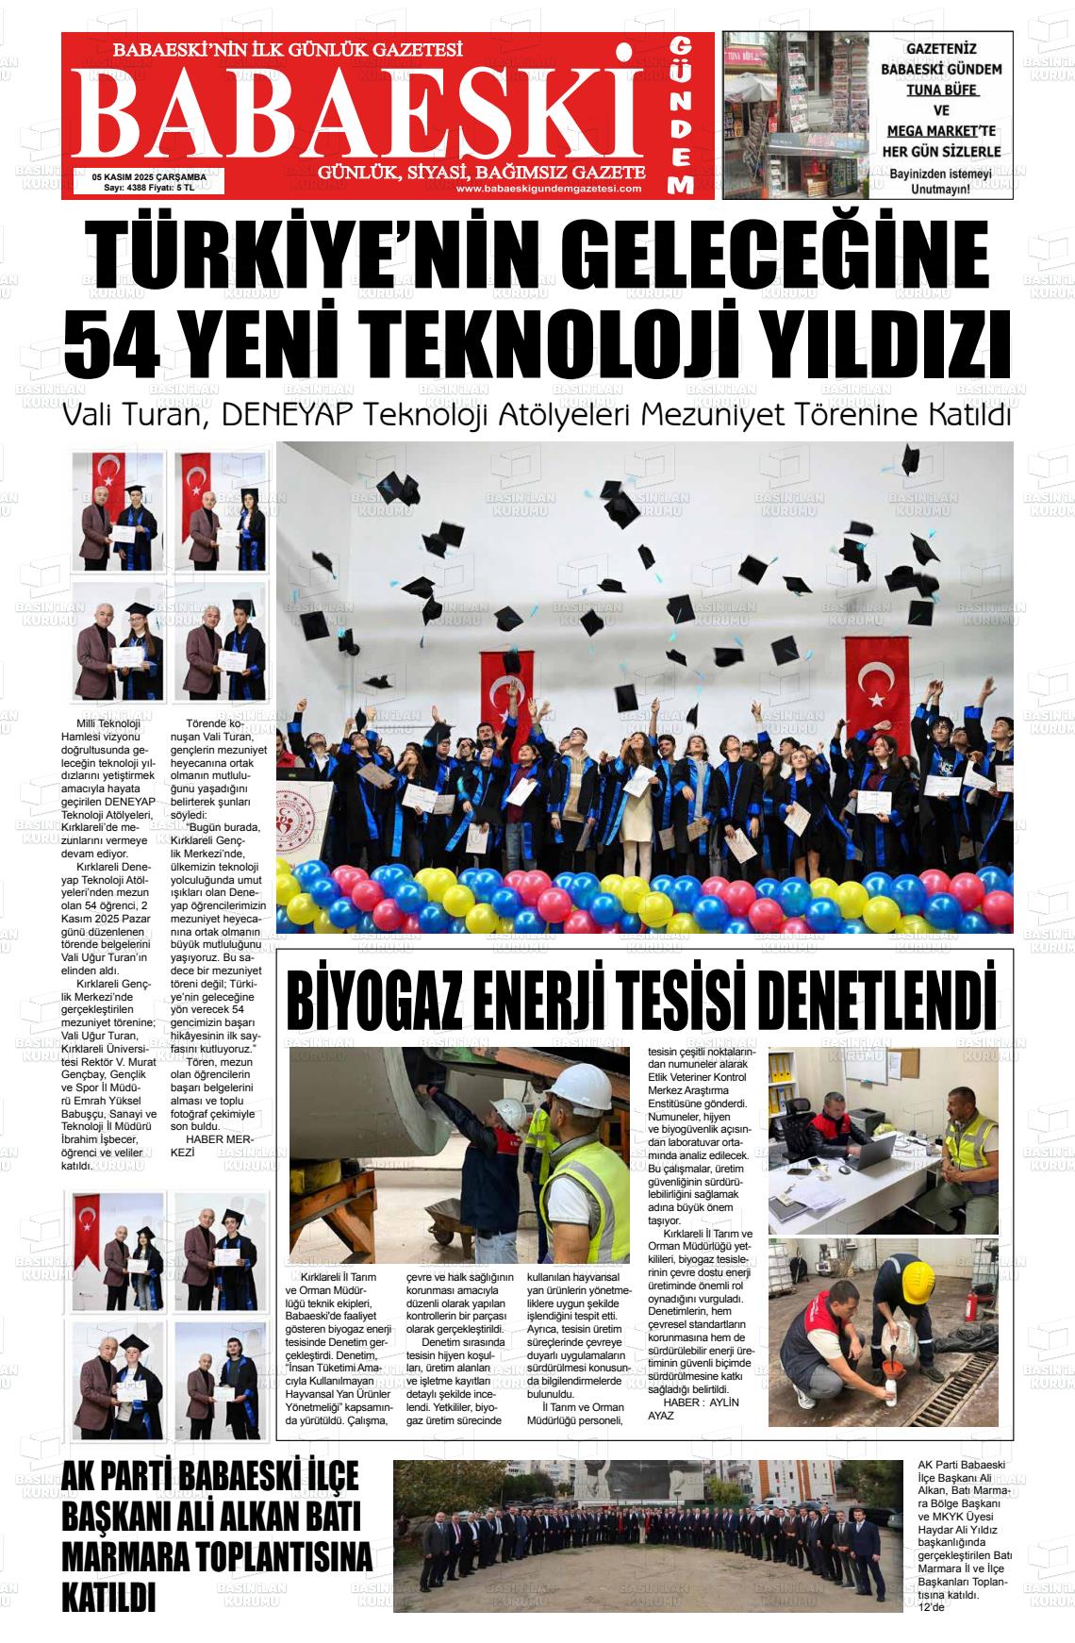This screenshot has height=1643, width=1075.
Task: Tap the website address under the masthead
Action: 548,189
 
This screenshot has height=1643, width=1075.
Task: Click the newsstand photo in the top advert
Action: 793,115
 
